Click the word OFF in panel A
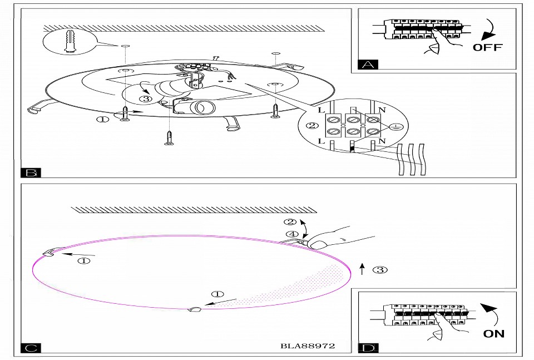click(x=487, y=47)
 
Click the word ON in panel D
click(x=494, y=333)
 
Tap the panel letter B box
click(x=30, y=172)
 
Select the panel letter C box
click(x=30, y=348)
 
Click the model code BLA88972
click(x=308, y=346)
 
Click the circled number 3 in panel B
click(x=145, y=99)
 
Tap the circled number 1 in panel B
click(x=102, y=119)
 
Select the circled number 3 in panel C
click(x=379, y=270)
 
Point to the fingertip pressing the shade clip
click(x=319, y=244)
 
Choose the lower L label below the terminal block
click(x=322, y=141)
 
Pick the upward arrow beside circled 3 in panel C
click(x=362, y=270)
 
